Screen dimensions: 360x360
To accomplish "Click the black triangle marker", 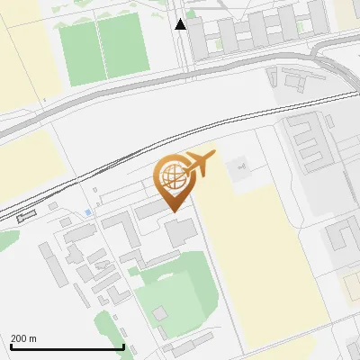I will pyautogui.click(x=181, y=24).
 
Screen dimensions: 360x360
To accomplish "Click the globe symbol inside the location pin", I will pyautogui.click(x=172, y=175).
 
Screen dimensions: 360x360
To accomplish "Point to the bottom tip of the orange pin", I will pyautogui.click(x=173, y=211).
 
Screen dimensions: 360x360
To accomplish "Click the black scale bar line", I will pyautogui.click(x=67, y=346).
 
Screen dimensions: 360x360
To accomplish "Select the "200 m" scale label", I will pyautogui.click(x=23, y=338).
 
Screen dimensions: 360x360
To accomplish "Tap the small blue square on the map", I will pyautogui.click(x=87, y=212).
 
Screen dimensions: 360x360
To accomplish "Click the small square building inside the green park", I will pyautogui.click(x=159, y=313).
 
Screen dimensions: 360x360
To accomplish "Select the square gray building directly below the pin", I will pyautogui.click(x=180, y=231).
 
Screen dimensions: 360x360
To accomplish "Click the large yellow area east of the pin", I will pyautogui.click(x=261, y=261).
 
